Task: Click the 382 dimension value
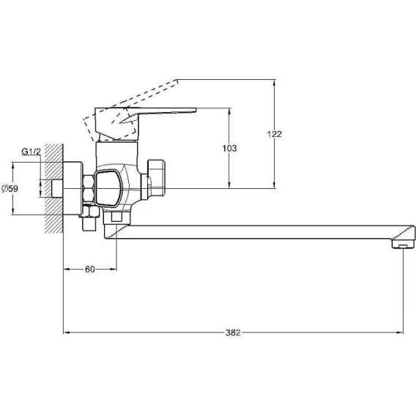233,333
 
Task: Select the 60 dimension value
89,270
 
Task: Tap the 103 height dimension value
229,148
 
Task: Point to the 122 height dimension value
275,134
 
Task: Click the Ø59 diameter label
10,189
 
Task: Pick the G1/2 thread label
31,152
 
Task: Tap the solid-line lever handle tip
196,109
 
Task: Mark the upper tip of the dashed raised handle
177,80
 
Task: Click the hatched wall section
54,188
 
